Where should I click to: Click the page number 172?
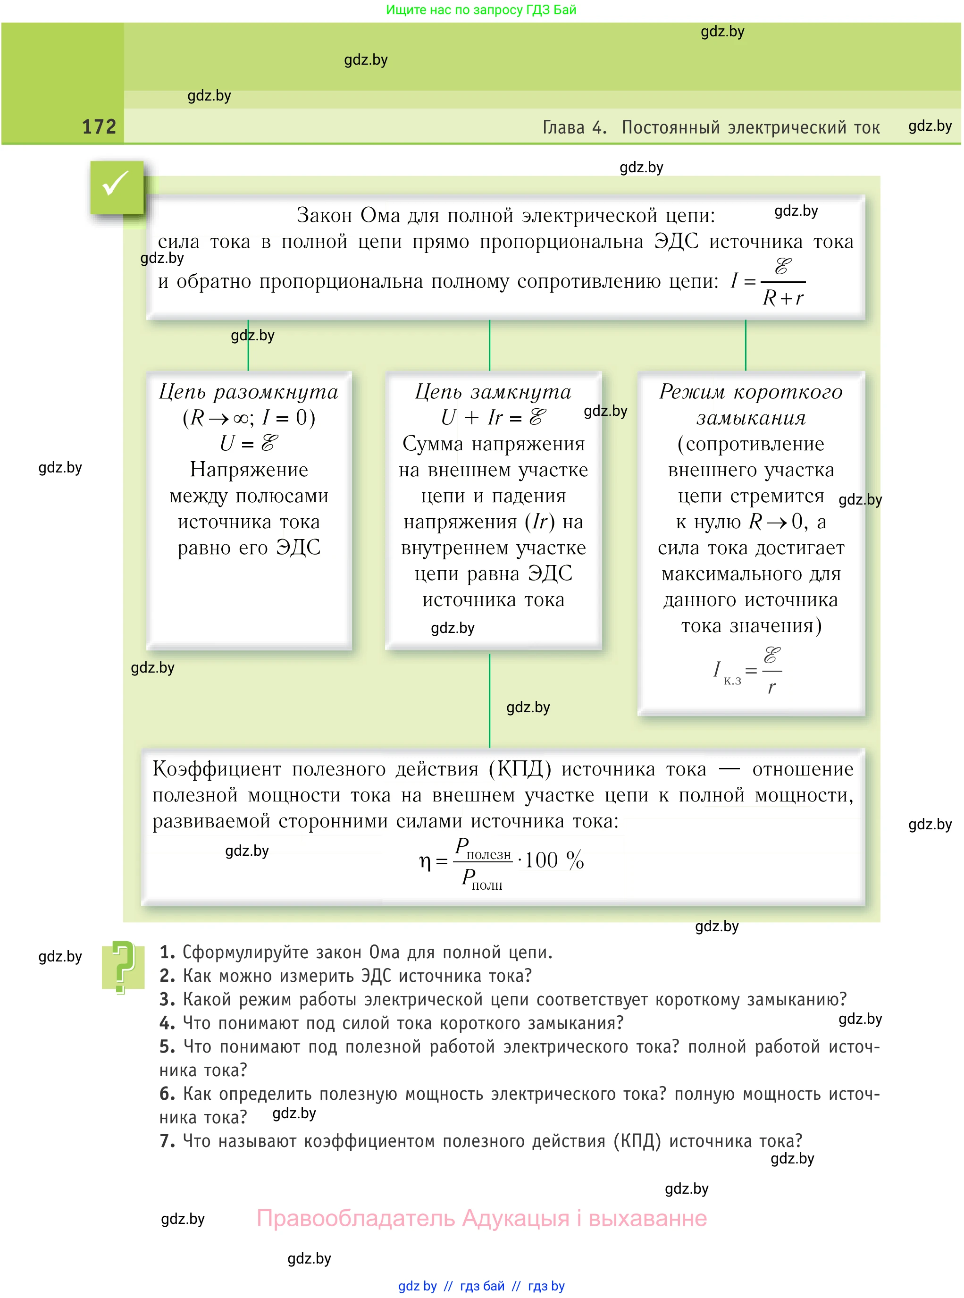tap(99, 126)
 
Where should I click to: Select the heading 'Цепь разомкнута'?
tap(249, 392)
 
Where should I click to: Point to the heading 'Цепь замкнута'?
tap(493, 392)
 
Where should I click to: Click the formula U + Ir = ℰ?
tap(493, 417)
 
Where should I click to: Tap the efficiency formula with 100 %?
tap(501, 860)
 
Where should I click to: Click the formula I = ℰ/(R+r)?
tap(768, 282)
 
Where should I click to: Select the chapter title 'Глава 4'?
tap(574, 127)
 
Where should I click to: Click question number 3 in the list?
tap(167, 999)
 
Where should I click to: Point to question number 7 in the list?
tap(167, 1140)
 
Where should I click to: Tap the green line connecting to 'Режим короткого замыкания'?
tap(745, 345)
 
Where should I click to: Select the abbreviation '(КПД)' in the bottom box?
tap(520, 769)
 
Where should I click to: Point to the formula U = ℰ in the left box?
tap(249, 444)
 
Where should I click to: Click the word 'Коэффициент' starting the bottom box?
tap(217, 769)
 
